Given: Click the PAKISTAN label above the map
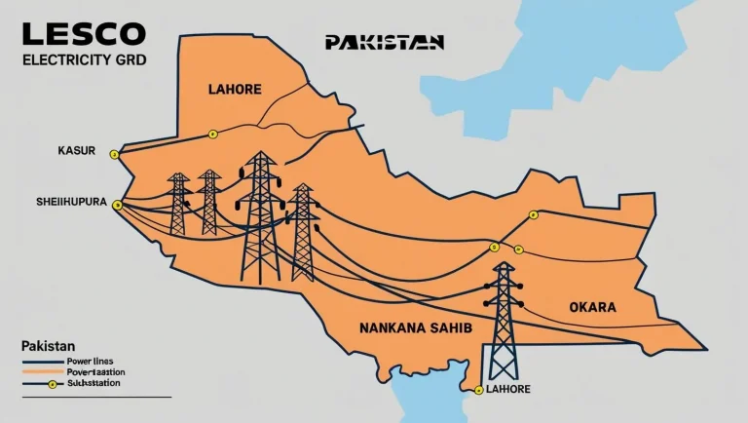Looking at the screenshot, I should (385, 42).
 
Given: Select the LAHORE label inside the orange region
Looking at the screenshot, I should (235, 90).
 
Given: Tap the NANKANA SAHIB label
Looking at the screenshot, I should (416, 328).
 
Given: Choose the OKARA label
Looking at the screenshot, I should (592, 307).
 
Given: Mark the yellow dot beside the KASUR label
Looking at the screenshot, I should (114, 154).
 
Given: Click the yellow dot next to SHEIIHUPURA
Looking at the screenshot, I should (117, 205).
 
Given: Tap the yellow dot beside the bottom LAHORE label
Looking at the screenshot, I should (479, 391).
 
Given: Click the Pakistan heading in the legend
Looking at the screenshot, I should (48, 346).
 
